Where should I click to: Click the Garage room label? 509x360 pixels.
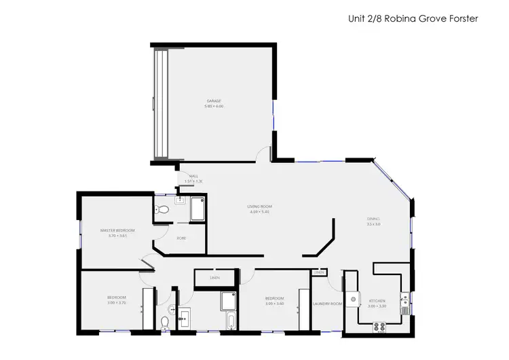pyautogui.click(x=214, y=101)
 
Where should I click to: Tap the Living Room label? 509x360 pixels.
pyautogui.click(x=261, y=206)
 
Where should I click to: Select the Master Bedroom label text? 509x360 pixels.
pyautogui.click(x=117, y=230)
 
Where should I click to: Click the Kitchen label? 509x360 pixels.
pyautogui.click(x=377, y=300)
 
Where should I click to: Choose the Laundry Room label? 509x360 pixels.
pyautogui.click(x=327, y=303)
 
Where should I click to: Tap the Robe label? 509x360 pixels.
pyautogui.click(x=181, y=238)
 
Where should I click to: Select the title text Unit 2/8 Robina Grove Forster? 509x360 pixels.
pyautogui.click(x=413, y=19)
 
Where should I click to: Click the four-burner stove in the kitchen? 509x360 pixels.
pyautogui.click(x=380, y=326)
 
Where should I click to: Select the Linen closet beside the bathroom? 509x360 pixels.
pyautogui.click(x=214, y=278)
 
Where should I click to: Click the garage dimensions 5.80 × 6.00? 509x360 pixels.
pyautogui.click(x=214, y=106)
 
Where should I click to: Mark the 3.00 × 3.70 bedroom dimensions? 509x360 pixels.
pyautogui.click(x=117, y=303)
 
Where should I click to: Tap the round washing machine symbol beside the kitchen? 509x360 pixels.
pyautogui.click(x=353, y=299)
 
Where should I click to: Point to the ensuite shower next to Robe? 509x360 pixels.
pyautogui.click(x=197, y=209)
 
